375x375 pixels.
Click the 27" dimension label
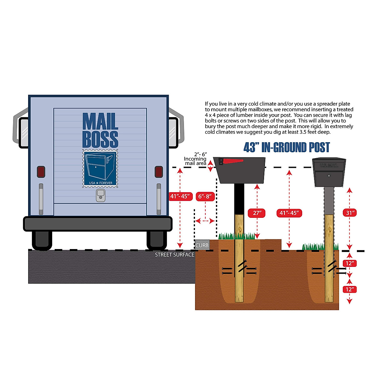257,213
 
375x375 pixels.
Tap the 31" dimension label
350,213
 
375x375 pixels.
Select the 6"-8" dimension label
205,197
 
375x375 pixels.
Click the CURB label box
202,245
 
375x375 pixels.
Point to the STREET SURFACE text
174,255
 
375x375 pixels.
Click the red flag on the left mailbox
233,161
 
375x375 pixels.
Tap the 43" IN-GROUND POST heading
287,147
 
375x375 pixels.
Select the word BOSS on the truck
100,139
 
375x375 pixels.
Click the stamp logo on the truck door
100,168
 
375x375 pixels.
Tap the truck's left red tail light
41,172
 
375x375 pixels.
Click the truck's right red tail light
159,172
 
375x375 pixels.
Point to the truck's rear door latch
100,195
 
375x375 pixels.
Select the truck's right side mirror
174,132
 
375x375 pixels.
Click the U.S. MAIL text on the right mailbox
329,165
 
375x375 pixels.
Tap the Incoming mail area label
195,161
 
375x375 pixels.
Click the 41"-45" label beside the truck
180,196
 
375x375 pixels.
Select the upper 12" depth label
349,263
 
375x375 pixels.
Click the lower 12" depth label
349,289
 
